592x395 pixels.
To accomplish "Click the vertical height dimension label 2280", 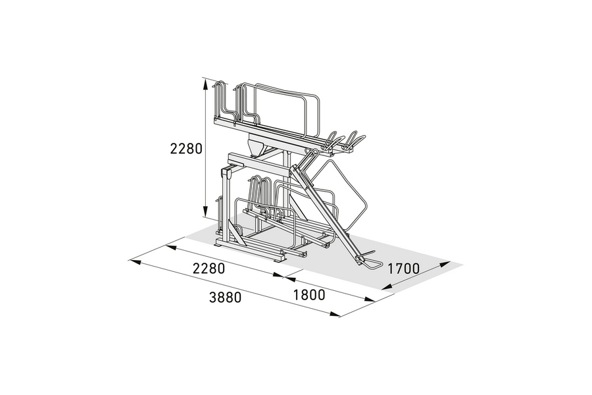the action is [x=186, y=149].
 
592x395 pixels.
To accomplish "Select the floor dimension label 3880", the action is [x=225, y=298].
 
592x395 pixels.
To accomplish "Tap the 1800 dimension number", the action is [x=309, y=295].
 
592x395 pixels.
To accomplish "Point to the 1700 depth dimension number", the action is [x=404, y=269].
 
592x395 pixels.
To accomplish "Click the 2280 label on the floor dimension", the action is [x=209, y=269].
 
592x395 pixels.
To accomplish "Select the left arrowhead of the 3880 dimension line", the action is [x=135, y=261].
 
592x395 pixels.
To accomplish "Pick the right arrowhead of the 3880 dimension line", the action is [x=335, y=314].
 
